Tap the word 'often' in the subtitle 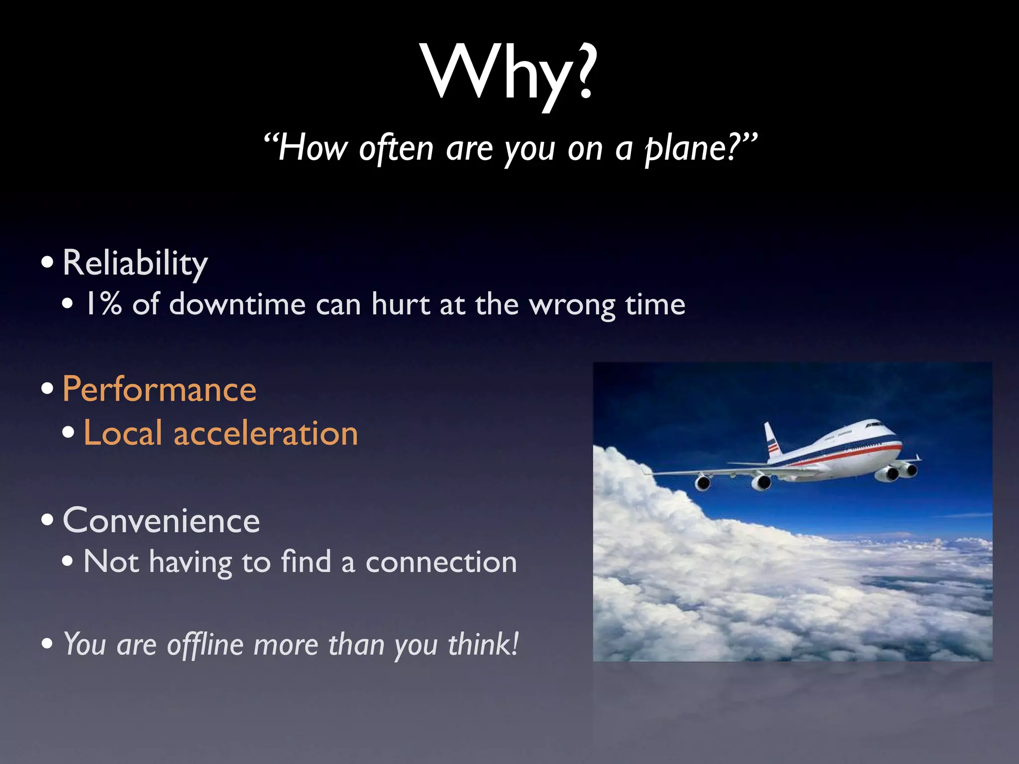click(396, 148)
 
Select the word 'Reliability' click(135, 263)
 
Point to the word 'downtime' click(237, 304)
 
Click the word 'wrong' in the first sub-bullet click(572, 305)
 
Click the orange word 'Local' click(123, 433)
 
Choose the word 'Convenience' click(161, 521)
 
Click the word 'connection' click(441, 562)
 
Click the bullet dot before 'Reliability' click(47, 262)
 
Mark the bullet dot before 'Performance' click(47, 388)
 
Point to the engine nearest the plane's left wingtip click(703, 482)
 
